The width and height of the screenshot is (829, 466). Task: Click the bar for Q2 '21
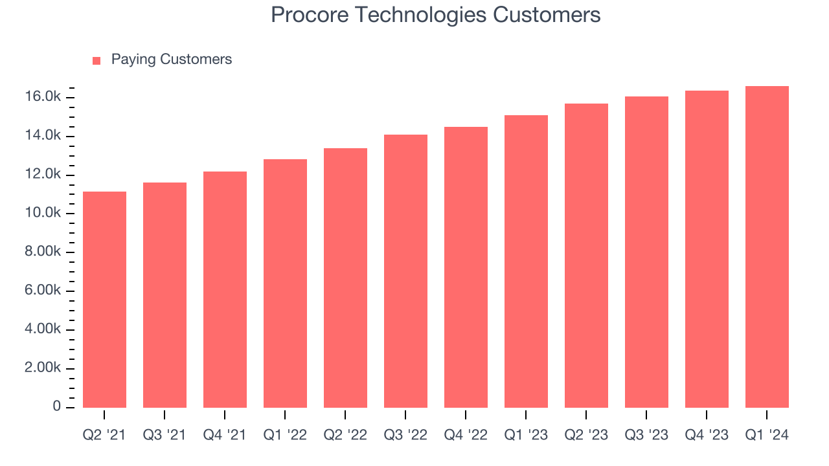[104, 299]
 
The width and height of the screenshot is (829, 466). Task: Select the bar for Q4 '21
[225, 289]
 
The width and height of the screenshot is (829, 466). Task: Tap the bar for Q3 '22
[405, 271]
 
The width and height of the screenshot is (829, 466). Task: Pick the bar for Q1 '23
[526, 261]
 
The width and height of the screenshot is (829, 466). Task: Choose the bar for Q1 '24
[767, 247]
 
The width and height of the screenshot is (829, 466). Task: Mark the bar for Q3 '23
[646, 252]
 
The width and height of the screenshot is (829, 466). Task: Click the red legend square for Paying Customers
[97, 60]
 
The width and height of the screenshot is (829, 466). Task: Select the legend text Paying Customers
[171, 60]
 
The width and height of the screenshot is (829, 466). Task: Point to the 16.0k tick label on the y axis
[44, 97]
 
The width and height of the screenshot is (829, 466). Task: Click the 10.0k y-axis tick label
[44, 214]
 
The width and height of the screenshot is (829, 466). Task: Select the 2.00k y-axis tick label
[44, 368]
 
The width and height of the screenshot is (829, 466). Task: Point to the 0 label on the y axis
[57, 407]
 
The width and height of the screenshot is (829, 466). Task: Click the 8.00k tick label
[44, 252]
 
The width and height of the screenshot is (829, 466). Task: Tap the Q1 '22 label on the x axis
[285, 436]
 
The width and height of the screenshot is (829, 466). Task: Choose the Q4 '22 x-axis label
[466, 436]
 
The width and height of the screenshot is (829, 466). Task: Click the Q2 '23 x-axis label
[586, 436]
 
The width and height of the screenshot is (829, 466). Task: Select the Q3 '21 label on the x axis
[165, 436]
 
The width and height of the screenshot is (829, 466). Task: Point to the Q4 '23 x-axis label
[707, 436]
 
